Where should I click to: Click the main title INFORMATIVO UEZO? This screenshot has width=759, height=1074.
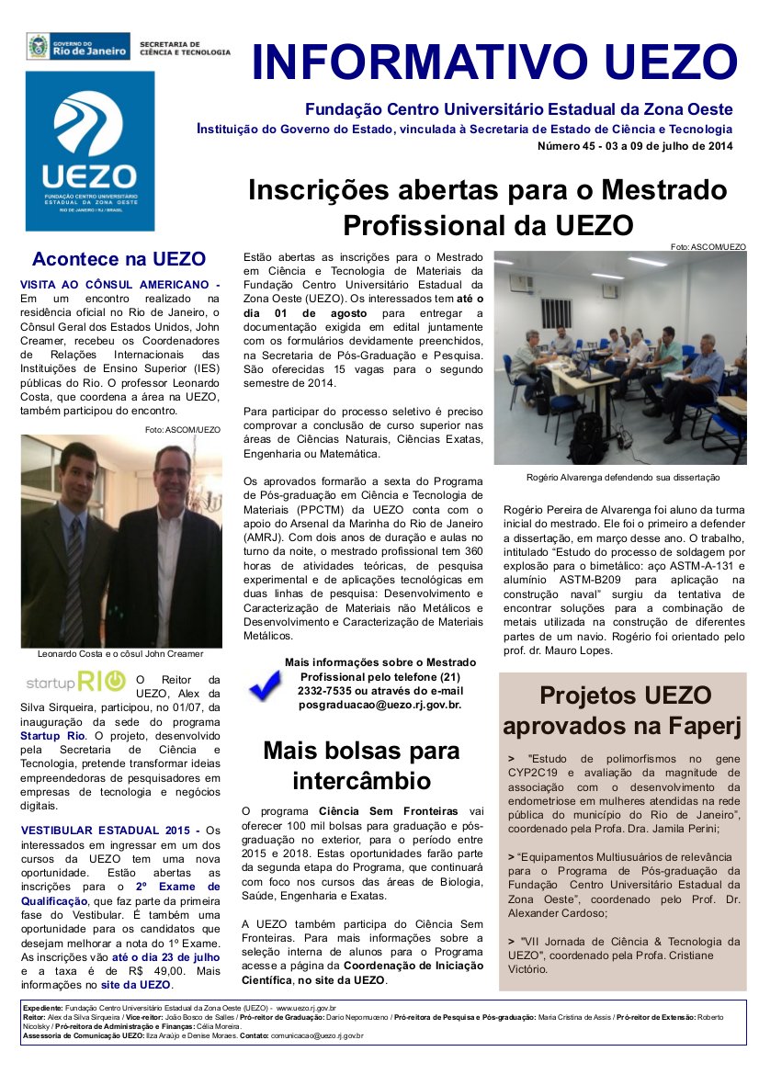click(494, 62)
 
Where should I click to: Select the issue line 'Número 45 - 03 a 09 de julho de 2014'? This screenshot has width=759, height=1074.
click(635, 146)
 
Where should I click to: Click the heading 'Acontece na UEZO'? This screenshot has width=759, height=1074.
click(119, 259)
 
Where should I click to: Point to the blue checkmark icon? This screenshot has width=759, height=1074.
click(265, 684)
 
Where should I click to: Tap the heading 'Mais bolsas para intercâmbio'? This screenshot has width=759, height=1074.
click(361, 765)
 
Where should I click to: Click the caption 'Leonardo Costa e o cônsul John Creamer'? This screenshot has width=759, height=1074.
click(120, 654)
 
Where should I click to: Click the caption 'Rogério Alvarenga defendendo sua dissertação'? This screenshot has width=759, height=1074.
click(623, 478)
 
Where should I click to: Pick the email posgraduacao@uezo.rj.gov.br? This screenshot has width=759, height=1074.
click(379, 705)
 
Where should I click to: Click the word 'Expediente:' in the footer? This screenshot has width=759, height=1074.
click(43, 1009)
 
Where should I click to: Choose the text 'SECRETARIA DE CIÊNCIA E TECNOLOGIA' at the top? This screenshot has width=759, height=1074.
click(184, 48)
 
